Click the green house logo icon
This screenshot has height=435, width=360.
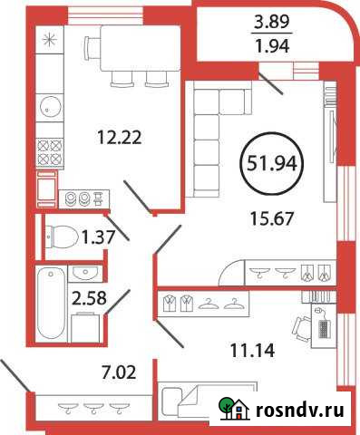(230, 410)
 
